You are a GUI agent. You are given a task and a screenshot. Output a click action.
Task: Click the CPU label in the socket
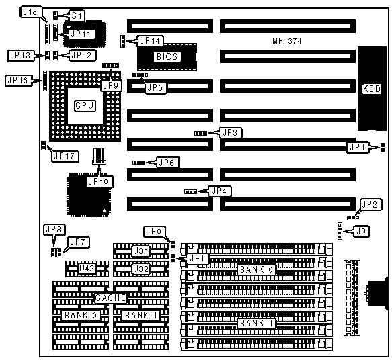[x=85, y=106]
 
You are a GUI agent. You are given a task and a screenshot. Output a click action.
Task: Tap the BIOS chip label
[x=167, y=56]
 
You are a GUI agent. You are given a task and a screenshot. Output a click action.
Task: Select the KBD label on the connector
[x=372, y=89]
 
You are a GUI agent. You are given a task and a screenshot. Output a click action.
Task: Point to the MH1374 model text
[x=287, y=41]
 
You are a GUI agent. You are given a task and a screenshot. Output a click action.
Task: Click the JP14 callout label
[x=150, y=41]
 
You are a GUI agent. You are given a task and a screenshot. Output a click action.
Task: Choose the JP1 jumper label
[x=357, y=147]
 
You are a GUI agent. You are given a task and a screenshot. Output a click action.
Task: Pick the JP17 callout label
[x=65, y=156]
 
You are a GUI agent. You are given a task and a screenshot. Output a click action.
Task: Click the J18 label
[x=30, y=11]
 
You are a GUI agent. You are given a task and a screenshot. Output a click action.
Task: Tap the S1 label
[x=77, y=15]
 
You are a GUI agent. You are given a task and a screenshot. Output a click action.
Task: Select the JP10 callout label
[x=98, y=181]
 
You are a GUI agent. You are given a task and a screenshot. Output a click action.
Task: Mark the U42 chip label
[x=87, y=269]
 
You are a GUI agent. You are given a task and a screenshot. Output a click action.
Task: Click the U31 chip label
[x=141, y=251]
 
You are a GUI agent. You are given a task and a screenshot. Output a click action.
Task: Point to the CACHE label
[x=110, y=298]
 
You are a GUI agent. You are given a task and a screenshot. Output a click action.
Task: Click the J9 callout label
[x=361, y=232]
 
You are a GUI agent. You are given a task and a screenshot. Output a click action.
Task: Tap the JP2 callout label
[x=370, y=205]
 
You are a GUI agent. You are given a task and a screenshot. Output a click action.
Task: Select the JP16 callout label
[x=17, y=81]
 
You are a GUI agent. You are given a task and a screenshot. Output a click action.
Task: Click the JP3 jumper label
[x=230, y=132]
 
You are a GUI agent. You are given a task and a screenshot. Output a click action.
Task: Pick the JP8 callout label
[x=54, y=229]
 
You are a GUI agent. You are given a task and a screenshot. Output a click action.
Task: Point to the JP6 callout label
[x=167, y=163]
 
